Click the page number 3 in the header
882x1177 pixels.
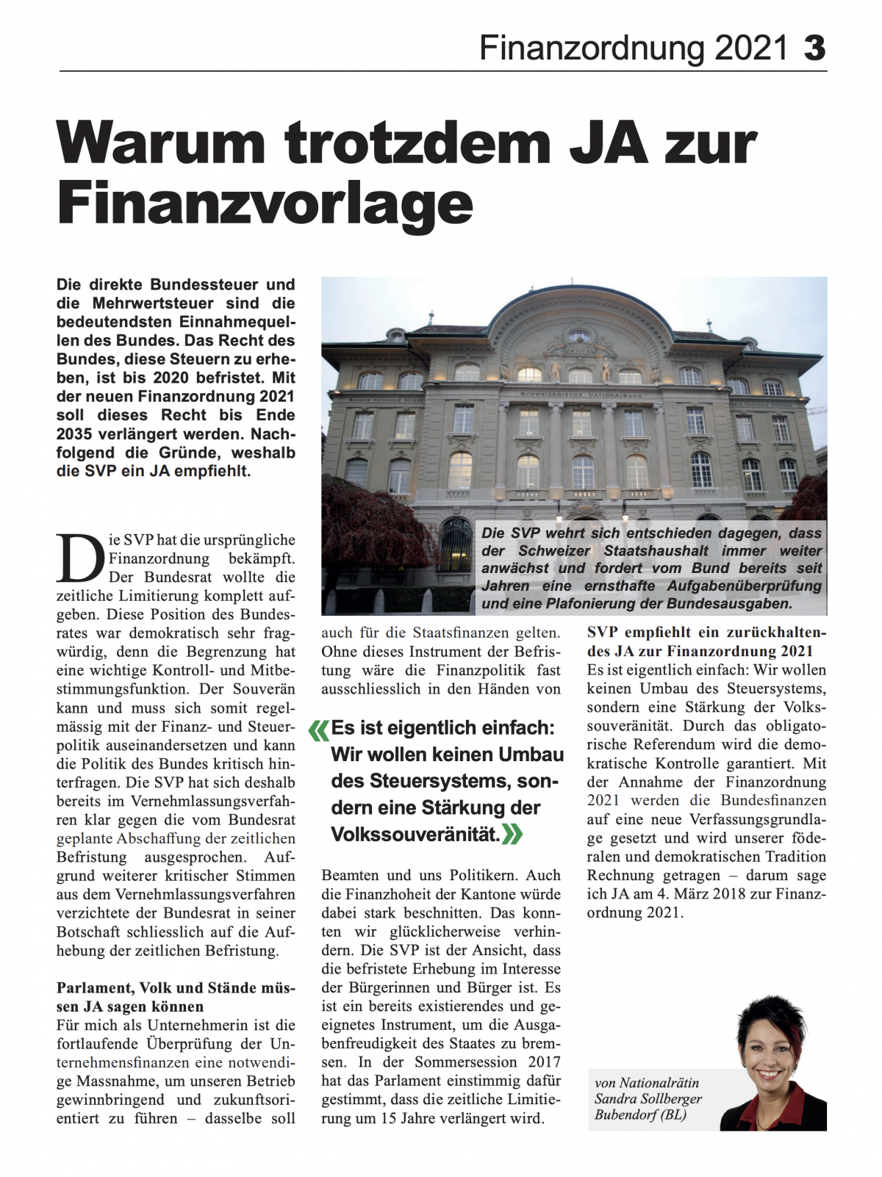(x=814, y=48)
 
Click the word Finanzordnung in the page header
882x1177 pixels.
(x=593, y=48)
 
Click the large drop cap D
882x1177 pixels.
(x=79, y=558)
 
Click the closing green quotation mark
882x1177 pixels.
(x=513, y=835)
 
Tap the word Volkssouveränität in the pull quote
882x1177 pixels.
(x=415, y=835)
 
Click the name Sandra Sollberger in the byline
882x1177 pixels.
(x=648, y=1098)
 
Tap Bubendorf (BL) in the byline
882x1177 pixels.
(x=640, y=1115)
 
